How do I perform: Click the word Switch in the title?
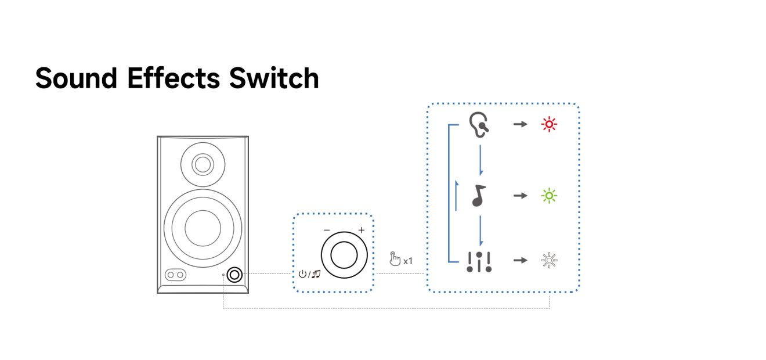(x=274, y=78)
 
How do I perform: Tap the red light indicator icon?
(x=548, y=124)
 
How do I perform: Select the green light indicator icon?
(x=548, y=196)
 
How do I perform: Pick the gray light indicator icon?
(x=548, y=260)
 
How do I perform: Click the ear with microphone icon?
(x=479, y=124)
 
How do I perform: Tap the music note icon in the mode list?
(x=479, y=196)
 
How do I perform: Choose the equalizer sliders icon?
(x=479, y=262)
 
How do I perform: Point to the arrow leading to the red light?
(x=520, y=124)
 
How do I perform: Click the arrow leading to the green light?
(x=520, y=196)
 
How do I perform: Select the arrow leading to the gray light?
(x=520, y=260)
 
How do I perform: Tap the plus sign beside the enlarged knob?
(x=361, y=231)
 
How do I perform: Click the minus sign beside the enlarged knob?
(x=327, y=231)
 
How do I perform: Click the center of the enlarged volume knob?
(x=344, y=254)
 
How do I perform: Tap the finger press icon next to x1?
(x=395, y=259)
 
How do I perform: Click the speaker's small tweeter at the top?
(x=203, y=164)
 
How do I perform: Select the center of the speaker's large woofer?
(x=203, y=227)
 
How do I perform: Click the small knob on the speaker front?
(x=235, y=274)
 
